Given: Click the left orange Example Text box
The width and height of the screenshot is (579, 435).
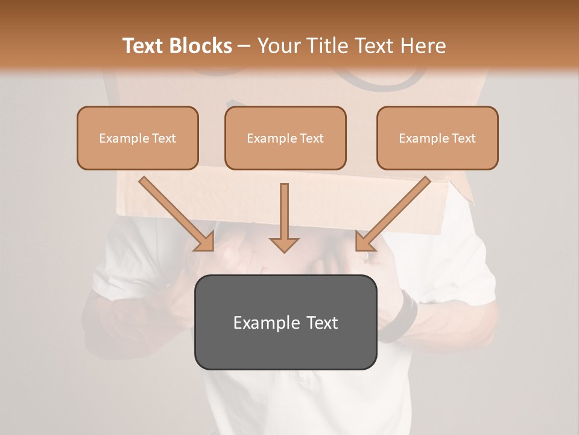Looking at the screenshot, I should click(138, 138).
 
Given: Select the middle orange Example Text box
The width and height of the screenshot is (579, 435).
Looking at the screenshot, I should click(285, 138).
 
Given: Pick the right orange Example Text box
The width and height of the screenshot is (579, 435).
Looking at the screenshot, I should click(437, 138).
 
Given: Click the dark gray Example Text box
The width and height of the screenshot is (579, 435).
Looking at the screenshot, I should click(285, 322).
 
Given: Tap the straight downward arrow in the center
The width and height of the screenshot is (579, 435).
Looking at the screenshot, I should click(284, 217).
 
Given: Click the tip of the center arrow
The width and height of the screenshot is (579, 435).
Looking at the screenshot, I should click(284, 251).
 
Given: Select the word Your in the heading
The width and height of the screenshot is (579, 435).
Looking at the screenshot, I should click(279, 46).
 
